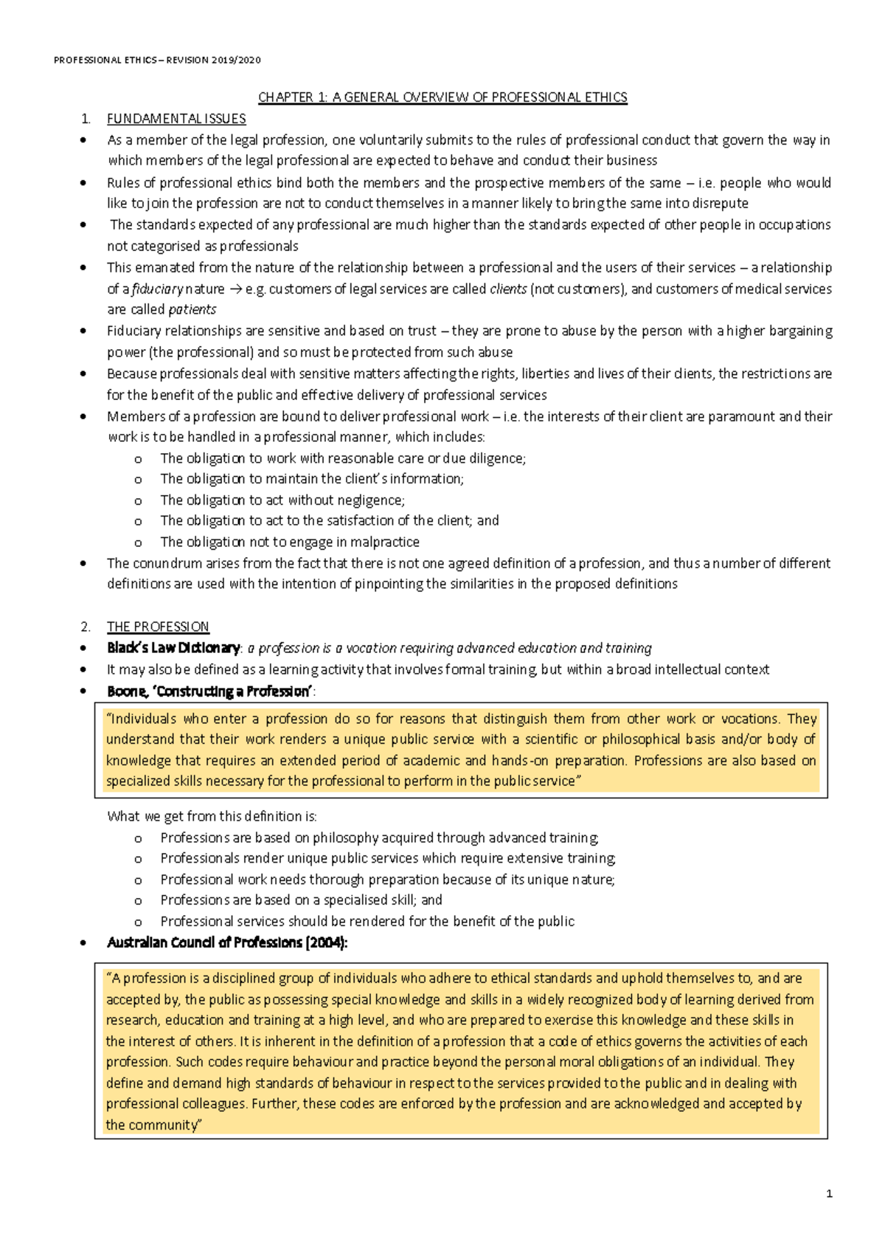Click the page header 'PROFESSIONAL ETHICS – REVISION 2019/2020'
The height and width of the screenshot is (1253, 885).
[x=157, y=61]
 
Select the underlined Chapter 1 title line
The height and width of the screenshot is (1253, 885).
[x=442, y=97]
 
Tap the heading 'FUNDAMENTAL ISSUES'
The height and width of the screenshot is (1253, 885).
[x=176, y=119]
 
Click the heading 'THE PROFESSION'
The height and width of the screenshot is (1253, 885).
[x=158, y=626]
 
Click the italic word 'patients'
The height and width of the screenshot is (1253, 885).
[x=192, y=310]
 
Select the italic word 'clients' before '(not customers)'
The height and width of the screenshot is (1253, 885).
[x=508, y=289]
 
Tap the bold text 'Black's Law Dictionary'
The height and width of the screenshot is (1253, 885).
[x=173, y=648]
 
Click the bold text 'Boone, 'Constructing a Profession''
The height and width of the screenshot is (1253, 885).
[x=209, y=691]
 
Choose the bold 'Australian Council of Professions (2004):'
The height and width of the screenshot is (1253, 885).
[x=227, y=942]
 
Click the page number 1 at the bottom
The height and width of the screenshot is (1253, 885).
[x=830, y=1194]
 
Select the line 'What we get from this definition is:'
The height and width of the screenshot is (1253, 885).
[x=212, y=816]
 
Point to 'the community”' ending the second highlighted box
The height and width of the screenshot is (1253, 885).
[x=153, y=1125]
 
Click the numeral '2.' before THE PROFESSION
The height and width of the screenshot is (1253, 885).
[x=86, y=626]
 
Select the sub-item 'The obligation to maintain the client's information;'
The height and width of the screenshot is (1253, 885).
[x=312, y=479]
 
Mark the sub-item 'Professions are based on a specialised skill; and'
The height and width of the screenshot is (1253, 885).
[x=301, y=900]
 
